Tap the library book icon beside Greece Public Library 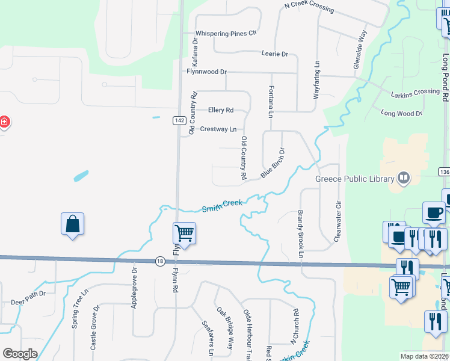[x=403, y=178]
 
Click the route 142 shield [x=179, y=120]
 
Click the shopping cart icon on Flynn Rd [x=184, y=233]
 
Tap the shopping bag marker [x=73, y=224]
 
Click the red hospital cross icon [x=4, y=123]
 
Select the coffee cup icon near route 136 [x=434, y=213]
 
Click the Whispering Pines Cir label [x=226, y=33]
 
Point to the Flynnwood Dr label [x=206, y=72]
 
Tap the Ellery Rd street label [x=220, y=110]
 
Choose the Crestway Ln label [x=218, y=129]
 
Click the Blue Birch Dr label [x=273, y=163]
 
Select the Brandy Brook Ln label [x=299, y=233]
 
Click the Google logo [x=20, y=354]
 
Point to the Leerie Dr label [x=275, y=54]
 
